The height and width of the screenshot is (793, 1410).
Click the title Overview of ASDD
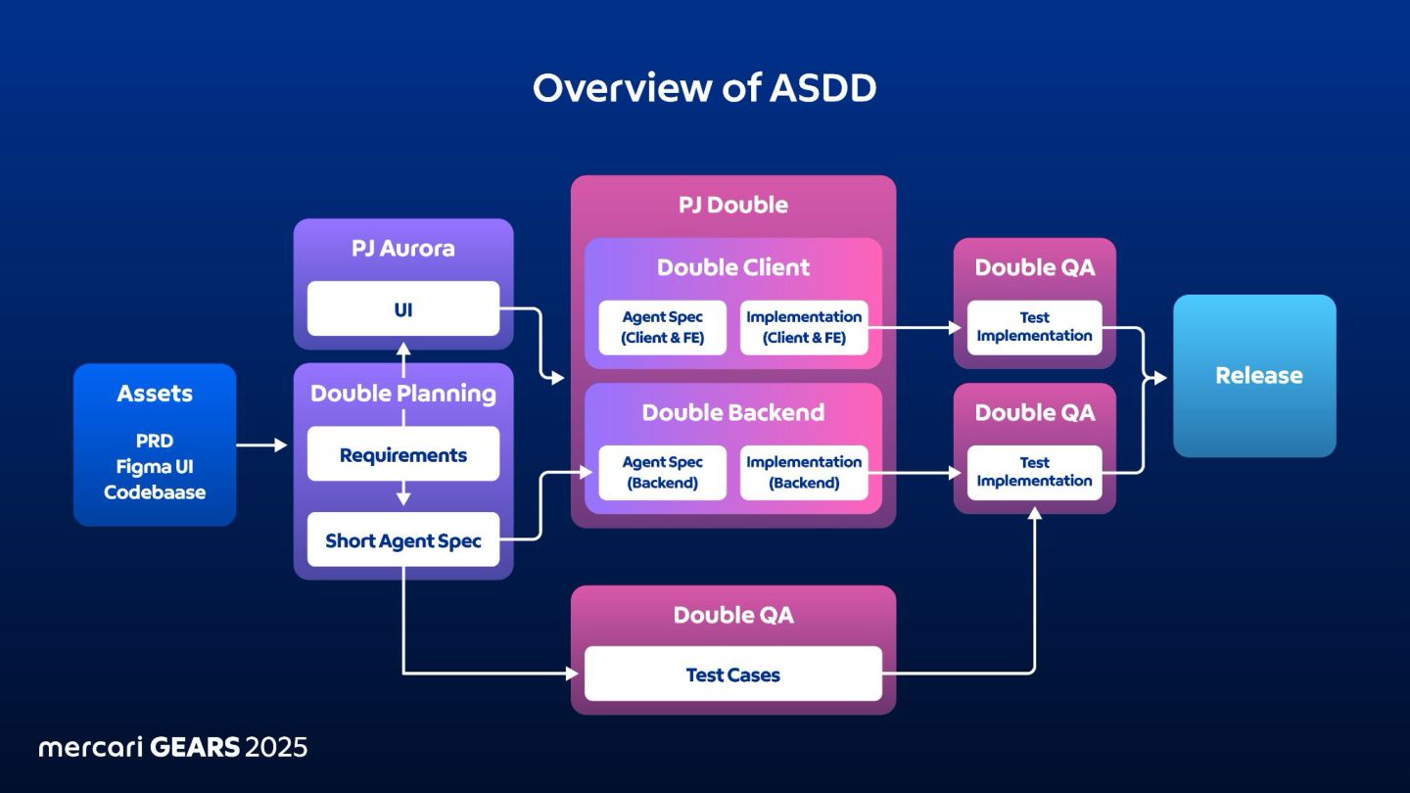[x=704, y=87]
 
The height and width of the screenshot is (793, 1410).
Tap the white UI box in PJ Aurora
[x=403, y=308]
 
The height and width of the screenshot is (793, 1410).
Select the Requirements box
[x=403, y=454]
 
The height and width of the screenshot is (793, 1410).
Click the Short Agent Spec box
[x=403, y=539]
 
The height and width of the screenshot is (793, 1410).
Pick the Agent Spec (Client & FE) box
[x=662, y=327]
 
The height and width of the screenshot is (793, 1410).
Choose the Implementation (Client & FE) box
[x=804, y=327]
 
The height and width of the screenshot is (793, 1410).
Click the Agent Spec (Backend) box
[x=662, y=473]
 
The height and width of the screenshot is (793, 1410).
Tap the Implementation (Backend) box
[x=804, y=473]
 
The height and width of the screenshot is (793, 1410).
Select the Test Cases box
[x=733, y=674]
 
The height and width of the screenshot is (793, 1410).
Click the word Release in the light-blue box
[x=1259, y=375]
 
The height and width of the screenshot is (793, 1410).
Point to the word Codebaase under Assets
[x=155, y=492]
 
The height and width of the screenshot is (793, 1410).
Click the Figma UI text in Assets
[x=155, y=467]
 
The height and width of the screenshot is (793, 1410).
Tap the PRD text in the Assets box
[x=155, y=441]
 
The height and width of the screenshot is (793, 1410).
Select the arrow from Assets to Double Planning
[x=261, y=444]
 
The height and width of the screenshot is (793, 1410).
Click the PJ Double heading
[x=733, y=205]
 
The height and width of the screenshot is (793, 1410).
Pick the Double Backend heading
[x=733, y=412]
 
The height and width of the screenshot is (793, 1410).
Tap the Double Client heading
[x=733, y=267]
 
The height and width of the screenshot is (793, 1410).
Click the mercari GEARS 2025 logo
[x=173, y=748]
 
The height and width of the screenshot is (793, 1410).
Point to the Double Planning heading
[x=403, y=394]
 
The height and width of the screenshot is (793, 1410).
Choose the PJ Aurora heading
[x=403, y=248]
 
